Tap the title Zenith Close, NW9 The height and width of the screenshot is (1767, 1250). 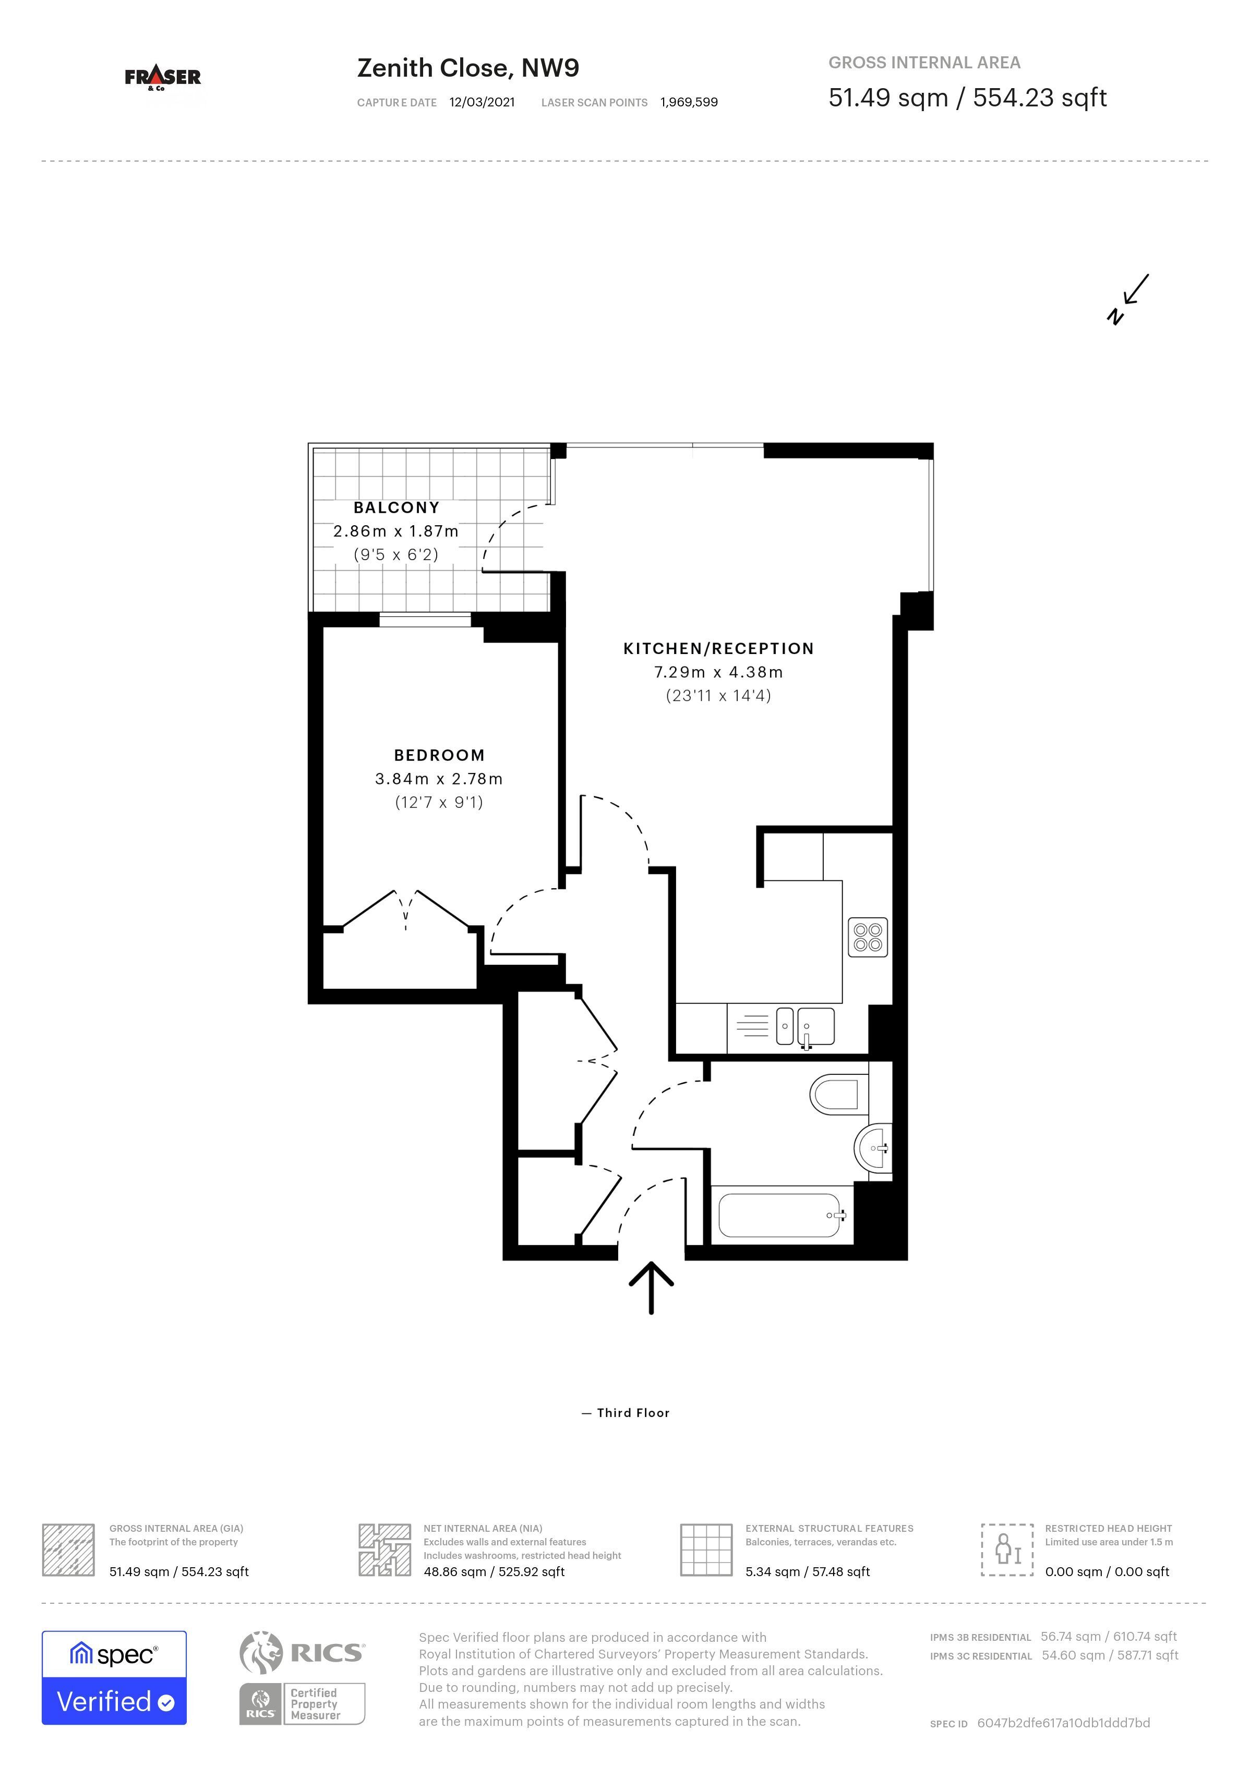click(468, 68)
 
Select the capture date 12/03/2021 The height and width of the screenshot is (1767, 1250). click(482, 102)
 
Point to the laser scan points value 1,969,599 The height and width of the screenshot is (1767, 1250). click(689, 102)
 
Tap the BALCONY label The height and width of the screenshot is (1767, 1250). click(396, 508)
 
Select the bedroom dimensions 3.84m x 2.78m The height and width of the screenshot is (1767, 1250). click(439, 779)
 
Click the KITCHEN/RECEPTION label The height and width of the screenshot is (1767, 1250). click(718, 649)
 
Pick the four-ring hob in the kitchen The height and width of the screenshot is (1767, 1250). click(868, 937)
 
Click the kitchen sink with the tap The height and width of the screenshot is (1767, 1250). click(805, 1026)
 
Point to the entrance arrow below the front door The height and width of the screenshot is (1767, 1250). click(651, 1288)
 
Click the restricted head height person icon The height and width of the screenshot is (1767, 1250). click(1007, 1549)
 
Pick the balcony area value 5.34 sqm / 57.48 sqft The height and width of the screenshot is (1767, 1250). click(808, 1571)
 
